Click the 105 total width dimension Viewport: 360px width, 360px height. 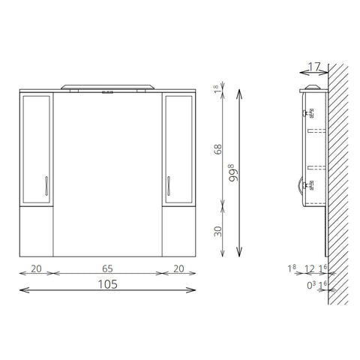pos(107,284)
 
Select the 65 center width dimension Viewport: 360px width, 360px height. pos(107,268)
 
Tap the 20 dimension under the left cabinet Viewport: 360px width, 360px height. pos(36,268)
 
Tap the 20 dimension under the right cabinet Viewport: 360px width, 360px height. pos(178,268)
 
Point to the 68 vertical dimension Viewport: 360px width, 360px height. pos(218,149)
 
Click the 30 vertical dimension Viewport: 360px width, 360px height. pos(218,231)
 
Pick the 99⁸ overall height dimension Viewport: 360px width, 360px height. pos(233,172)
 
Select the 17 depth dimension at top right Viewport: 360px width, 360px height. pos(314,67)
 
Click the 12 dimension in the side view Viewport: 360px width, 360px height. pos(310,269)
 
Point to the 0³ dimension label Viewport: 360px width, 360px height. pos(311,285)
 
